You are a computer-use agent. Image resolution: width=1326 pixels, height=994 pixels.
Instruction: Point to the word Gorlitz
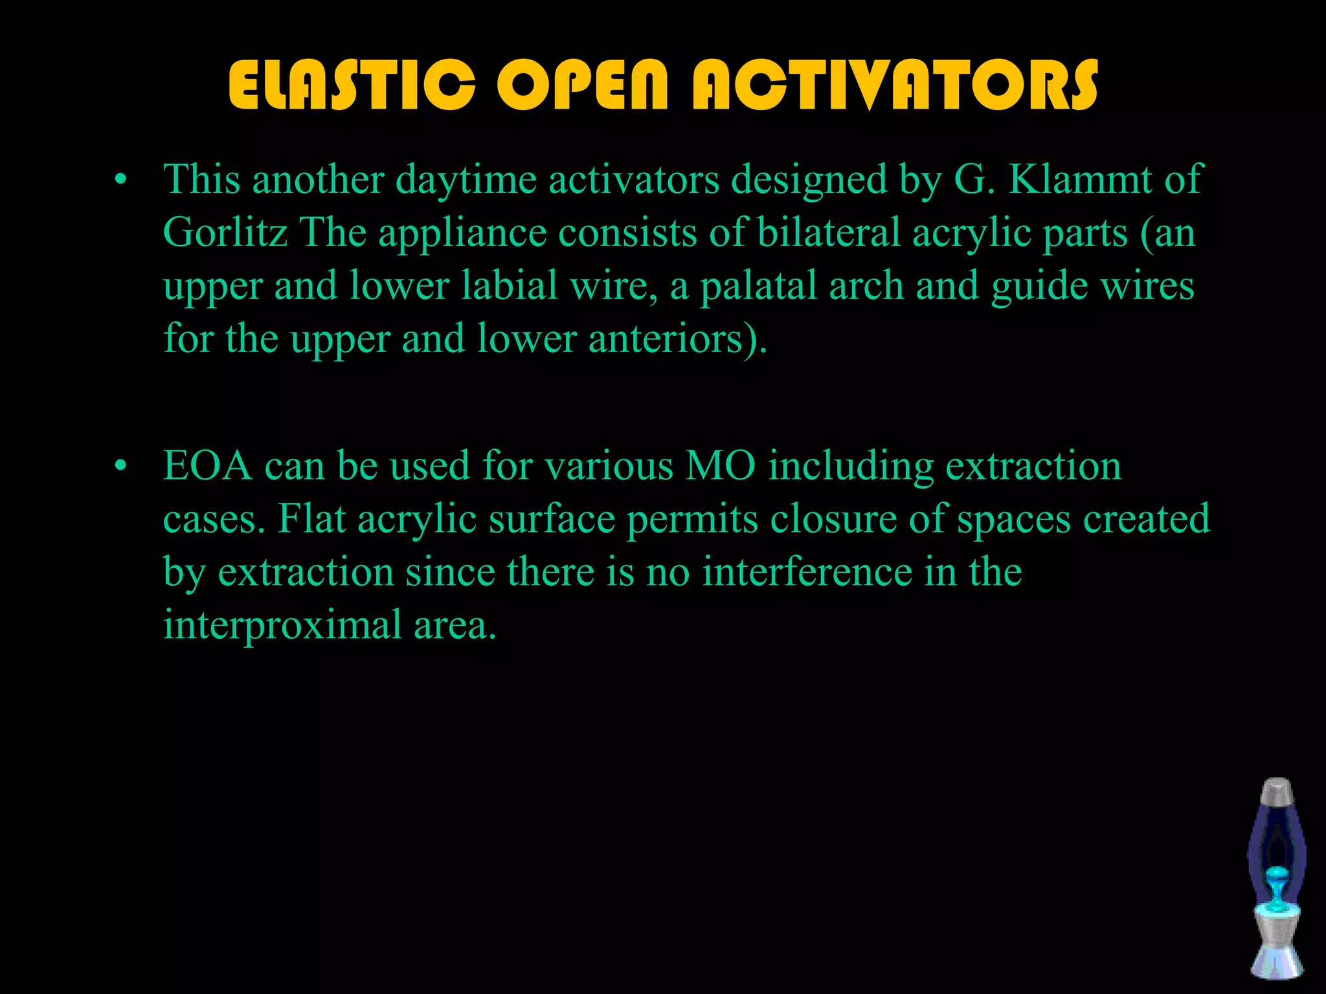click(225, 232)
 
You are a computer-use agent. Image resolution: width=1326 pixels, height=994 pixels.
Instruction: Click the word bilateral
click(829, 232)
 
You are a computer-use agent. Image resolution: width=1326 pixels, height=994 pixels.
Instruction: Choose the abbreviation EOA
click(207, 466)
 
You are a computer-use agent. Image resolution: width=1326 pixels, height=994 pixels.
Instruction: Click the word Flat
click(311, 519)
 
